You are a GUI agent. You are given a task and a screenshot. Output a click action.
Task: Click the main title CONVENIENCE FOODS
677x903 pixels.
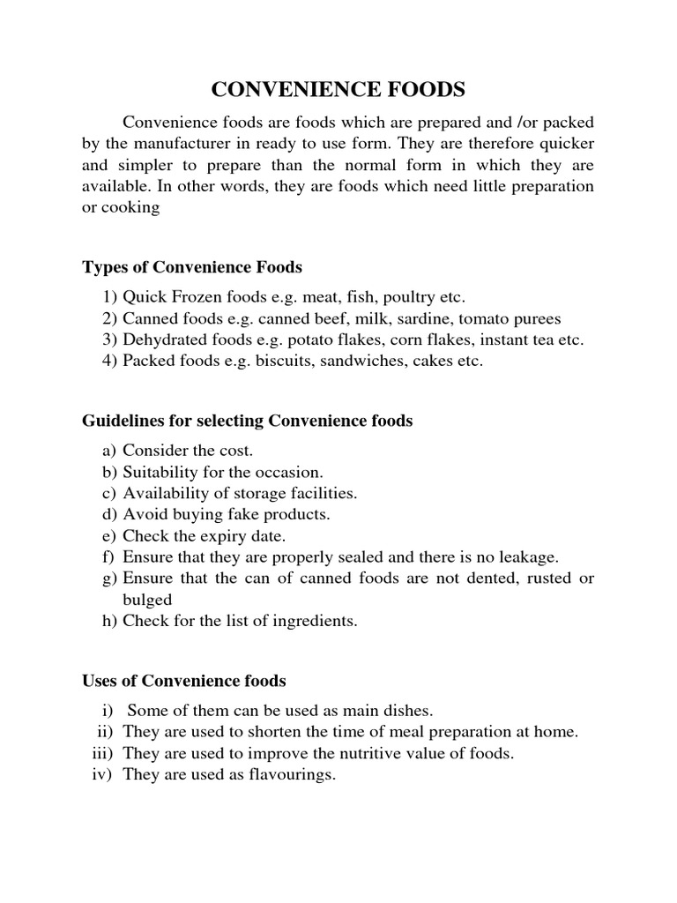click(338, 90)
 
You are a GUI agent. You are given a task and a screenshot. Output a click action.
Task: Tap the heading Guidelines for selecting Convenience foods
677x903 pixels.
click(247, 422)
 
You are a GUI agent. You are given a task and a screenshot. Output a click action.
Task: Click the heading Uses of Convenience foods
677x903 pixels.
click(183, 680)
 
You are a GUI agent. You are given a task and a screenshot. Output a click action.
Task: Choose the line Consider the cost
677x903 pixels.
click(188, 450)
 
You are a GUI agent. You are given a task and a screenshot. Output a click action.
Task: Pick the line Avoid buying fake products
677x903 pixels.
click(227, 514)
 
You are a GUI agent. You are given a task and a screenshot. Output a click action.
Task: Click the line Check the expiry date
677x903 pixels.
click(205, 535)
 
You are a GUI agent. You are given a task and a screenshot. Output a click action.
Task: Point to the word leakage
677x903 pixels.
click(527, 556)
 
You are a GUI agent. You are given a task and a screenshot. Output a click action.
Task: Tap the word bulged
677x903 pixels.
click(147, 600)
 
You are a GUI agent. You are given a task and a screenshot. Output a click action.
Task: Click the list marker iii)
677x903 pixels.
click(104, 753)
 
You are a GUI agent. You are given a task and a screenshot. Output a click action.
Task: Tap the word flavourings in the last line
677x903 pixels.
click(292, 774)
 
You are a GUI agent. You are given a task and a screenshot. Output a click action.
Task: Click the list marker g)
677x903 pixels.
click(110, 578)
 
